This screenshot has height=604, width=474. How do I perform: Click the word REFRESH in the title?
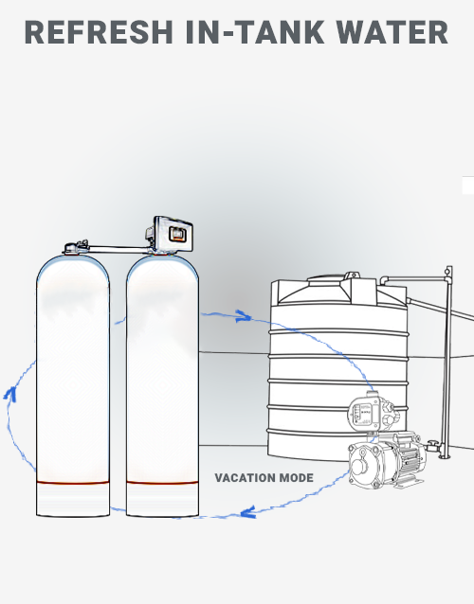[99, 32]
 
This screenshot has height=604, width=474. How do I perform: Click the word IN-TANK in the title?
[255, 32]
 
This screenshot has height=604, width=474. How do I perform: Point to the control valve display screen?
[177, 234]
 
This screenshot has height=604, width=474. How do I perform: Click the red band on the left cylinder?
[73, 482]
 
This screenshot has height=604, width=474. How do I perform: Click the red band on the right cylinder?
[162, 482]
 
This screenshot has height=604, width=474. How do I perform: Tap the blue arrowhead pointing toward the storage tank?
[244, 316]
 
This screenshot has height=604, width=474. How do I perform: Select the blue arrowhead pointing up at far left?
[10, 394]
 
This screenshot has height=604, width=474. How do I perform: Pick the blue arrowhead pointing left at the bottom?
[247, 512]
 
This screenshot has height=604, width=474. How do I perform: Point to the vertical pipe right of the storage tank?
[447, 362]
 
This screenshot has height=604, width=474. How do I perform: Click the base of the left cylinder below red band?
[73, 500]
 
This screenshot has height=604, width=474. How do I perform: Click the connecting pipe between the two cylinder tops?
[118, 249]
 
